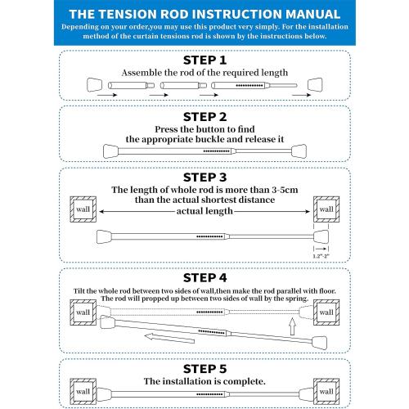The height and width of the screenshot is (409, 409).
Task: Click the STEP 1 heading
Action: tap(204, 61)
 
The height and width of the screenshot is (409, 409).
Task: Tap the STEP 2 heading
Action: tap(204, 117)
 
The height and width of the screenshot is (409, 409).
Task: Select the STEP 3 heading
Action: tap(204, 178)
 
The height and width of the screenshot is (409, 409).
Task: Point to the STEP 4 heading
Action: tap(204, 278)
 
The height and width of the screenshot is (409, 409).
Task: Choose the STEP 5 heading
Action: tap(204, 369)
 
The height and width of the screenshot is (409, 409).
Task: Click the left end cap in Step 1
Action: tap(94, 85)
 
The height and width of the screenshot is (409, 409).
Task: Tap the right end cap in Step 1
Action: tap(315, 85)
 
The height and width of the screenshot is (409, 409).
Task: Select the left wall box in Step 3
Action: tap(83, 209)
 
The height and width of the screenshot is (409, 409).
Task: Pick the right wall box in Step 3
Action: tap(326, 209)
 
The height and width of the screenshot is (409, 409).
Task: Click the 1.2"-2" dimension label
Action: tap(321, 256)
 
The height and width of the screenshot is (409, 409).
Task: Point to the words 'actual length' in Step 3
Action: tap(204, 211)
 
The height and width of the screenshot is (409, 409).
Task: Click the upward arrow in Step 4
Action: tap(292, 326)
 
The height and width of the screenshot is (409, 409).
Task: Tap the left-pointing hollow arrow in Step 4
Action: tap(169, 339)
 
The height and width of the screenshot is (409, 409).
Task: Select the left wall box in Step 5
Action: tap(83, 392)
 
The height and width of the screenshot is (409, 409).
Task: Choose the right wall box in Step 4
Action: tap(326, 312)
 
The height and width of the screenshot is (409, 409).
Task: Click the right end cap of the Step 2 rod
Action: tap(299, 151)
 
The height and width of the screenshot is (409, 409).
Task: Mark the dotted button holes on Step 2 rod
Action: tap(217, 151)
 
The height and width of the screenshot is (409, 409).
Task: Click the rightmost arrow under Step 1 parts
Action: tap(302, 95)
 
